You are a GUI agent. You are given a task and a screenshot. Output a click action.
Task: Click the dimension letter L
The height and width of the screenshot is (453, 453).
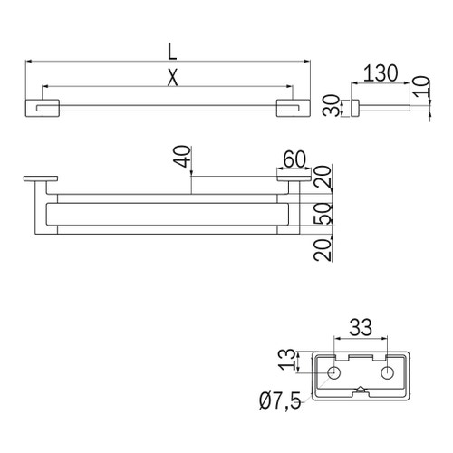tap(172, 52)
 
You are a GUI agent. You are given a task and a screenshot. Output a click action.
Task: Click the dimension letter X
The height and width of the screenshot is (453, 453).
tap(173, 78)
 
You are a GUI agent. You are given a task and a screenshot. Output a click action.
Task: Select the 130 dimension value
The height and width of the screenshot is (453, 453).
tap(381, 73)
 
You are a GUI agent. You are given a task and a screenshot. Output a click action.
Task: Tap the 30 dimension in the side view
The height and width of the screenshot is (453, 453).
tap(332, 105)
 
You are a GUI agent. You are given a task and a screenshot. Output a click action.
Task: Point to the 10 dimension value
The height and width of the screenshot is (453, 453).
tap(421, 86)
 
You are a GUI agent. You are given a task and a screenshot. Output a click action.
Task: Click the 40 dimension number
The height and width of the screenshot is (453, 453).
tap(183, 157)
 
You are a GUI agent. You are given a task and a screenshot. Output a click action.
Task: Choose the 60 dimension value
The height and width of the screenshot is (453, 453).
tap(294, 159)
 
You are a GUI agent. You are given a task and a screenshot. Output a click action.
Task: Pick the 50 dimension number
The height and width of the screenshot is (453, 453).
tap(323, 214)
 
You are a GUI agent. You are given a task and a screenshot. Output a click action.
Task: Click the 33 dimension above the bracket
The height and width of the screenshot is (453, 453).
tap(361, 327)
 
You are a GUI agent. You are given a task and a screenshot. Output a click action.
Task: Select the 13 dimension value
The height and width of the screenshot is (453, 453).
tap(287, 360)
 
